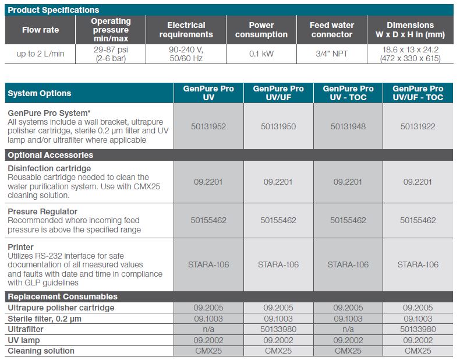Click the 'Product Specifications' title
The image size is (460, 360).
pyautogui.click(x=54, y=10)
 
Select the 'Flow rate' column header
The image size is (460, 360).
pyautogui.click(x=41, y=30)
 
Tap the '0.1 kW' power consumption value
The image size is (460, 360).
pyautogui.click(x=261, y=54)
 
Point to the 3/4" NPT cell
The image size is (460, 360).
pyautogui.click(x=332, y=54)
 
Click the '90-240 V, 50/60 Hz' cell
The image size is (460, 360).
pyautogui.click(x=186, y=54)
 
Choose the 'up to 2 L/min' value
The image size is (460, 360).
pyautogui.click(x=41, y=54)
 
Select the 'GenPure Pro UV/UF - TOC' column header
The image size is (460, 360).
pyautogui.click(x=417, y=93)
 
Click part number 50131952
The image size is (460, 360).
pyautogui.click(x=208, y=126)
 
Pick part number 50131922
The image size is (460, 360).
pyautogui.click(x=417, y=126)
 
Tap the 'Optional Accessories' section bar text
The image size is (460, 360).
pyautogui.click(x=51, y=155)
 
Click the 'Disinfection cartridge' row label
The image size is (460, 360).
pyautogui.click(x=49, y=168)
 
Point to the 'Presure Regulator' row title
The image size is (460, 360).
pyautogui.click(x=43, y=211)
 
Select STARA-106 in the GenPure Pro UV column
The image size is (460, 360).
pyautogui.click(x=208, y=264)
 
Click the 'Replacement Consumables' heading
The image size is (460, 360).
pyautogui.click(x=62, y=297)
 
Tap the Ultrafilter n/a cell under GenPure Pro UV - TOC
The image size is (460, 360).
pyautogui.click(x=348, y=329)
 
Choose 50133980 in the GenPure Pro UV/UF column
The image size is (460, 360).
pyautogui.click(x=278, y=329)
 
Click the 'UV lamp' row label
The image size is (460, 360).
pyautogui.click(x=24, y=340)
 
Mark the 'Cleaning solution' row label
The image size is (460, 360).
pyautogui.click(x=41, y=351)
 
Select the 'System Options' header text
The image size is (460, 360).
pyautogui.click(x=40, y=93)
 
